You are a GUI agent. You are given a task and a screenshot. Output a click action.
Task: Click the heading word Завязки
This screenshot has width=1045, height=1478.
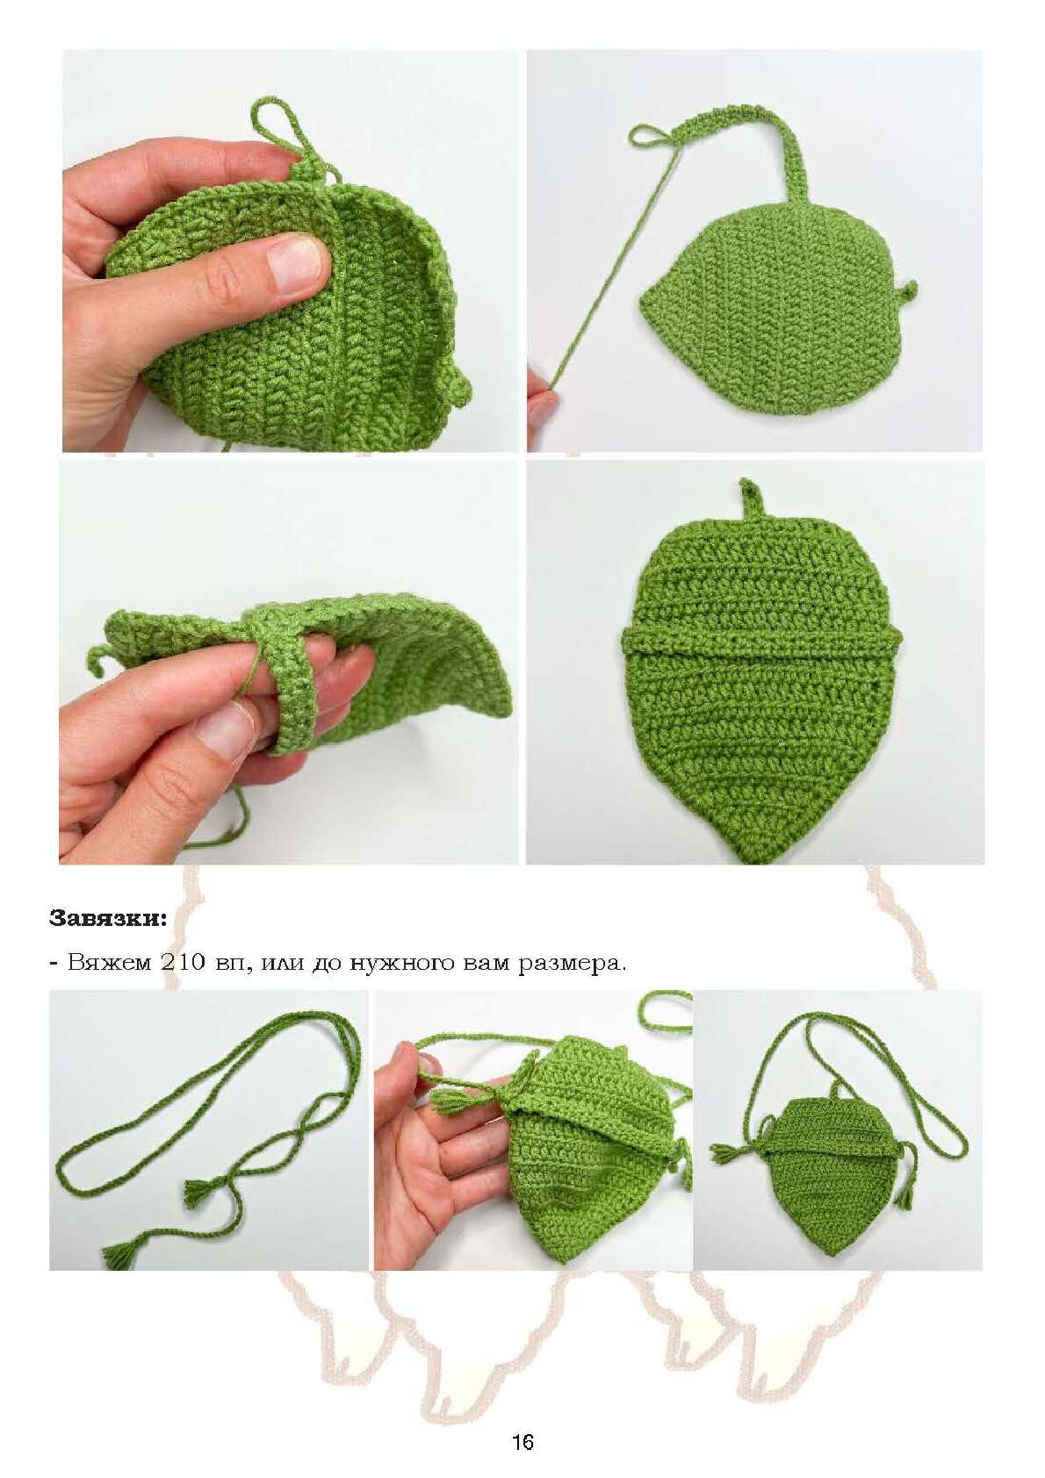click(x=109, y=918)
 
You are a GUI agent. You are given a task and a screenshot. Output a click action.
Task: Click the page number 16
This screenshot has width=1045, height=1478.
click(x=522, y=1439)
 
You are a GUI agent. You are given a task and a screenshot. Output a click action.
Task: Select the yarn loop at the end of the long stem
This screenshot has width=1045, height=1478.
click(x=650, y=135)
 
